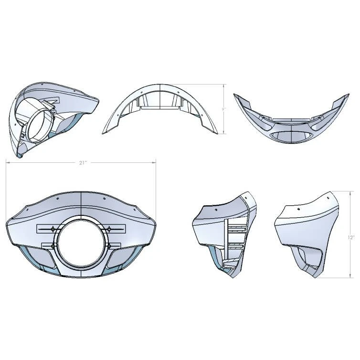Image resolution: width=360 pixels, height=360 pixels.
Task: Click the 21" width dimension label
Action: point(83,163)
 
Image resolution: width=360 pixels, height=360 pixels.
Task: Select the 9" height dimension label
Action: point(223,109)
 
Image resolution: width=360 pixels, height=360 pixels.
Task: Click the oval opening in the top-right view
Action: point(290,136)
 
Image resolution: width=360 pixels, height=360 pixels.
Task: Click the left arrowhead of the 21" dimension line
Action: point(7,163)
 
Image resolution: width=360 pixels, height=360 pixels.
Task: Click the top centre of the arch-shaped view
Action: point(159,86)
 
